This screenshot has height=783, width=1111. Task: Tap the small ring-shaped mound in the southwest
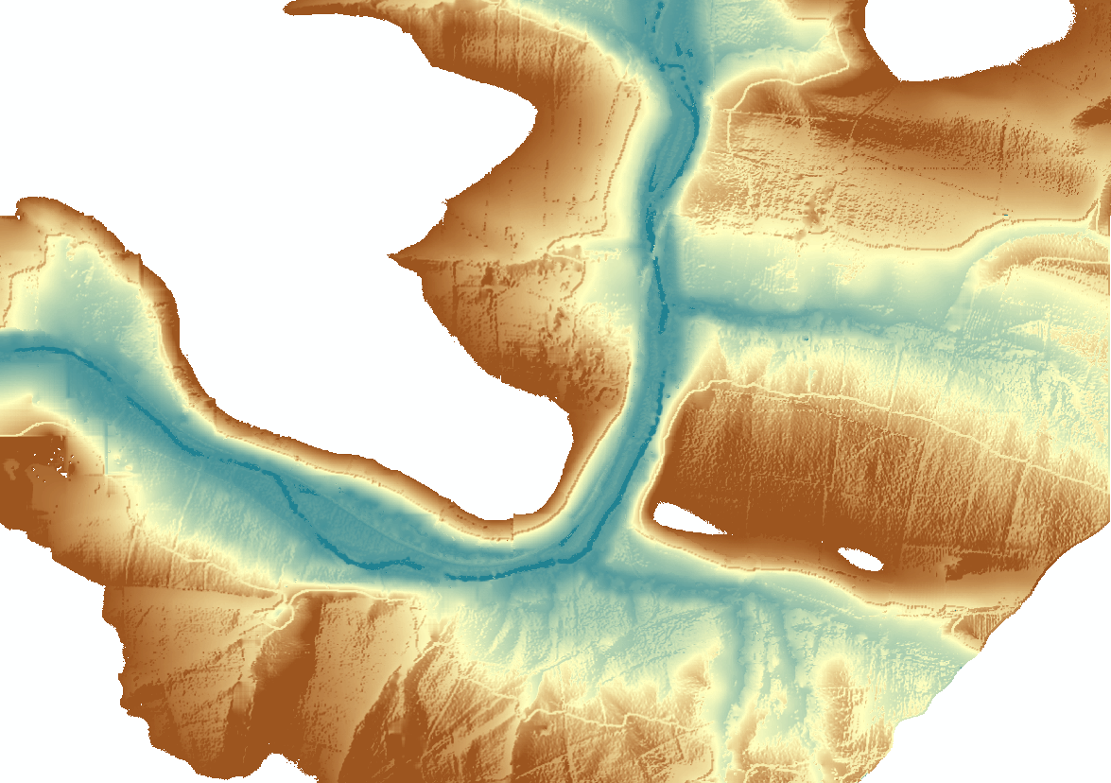coord(280,614)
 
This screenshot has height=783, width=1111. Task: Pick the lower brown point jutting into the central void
coord(392,254)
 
